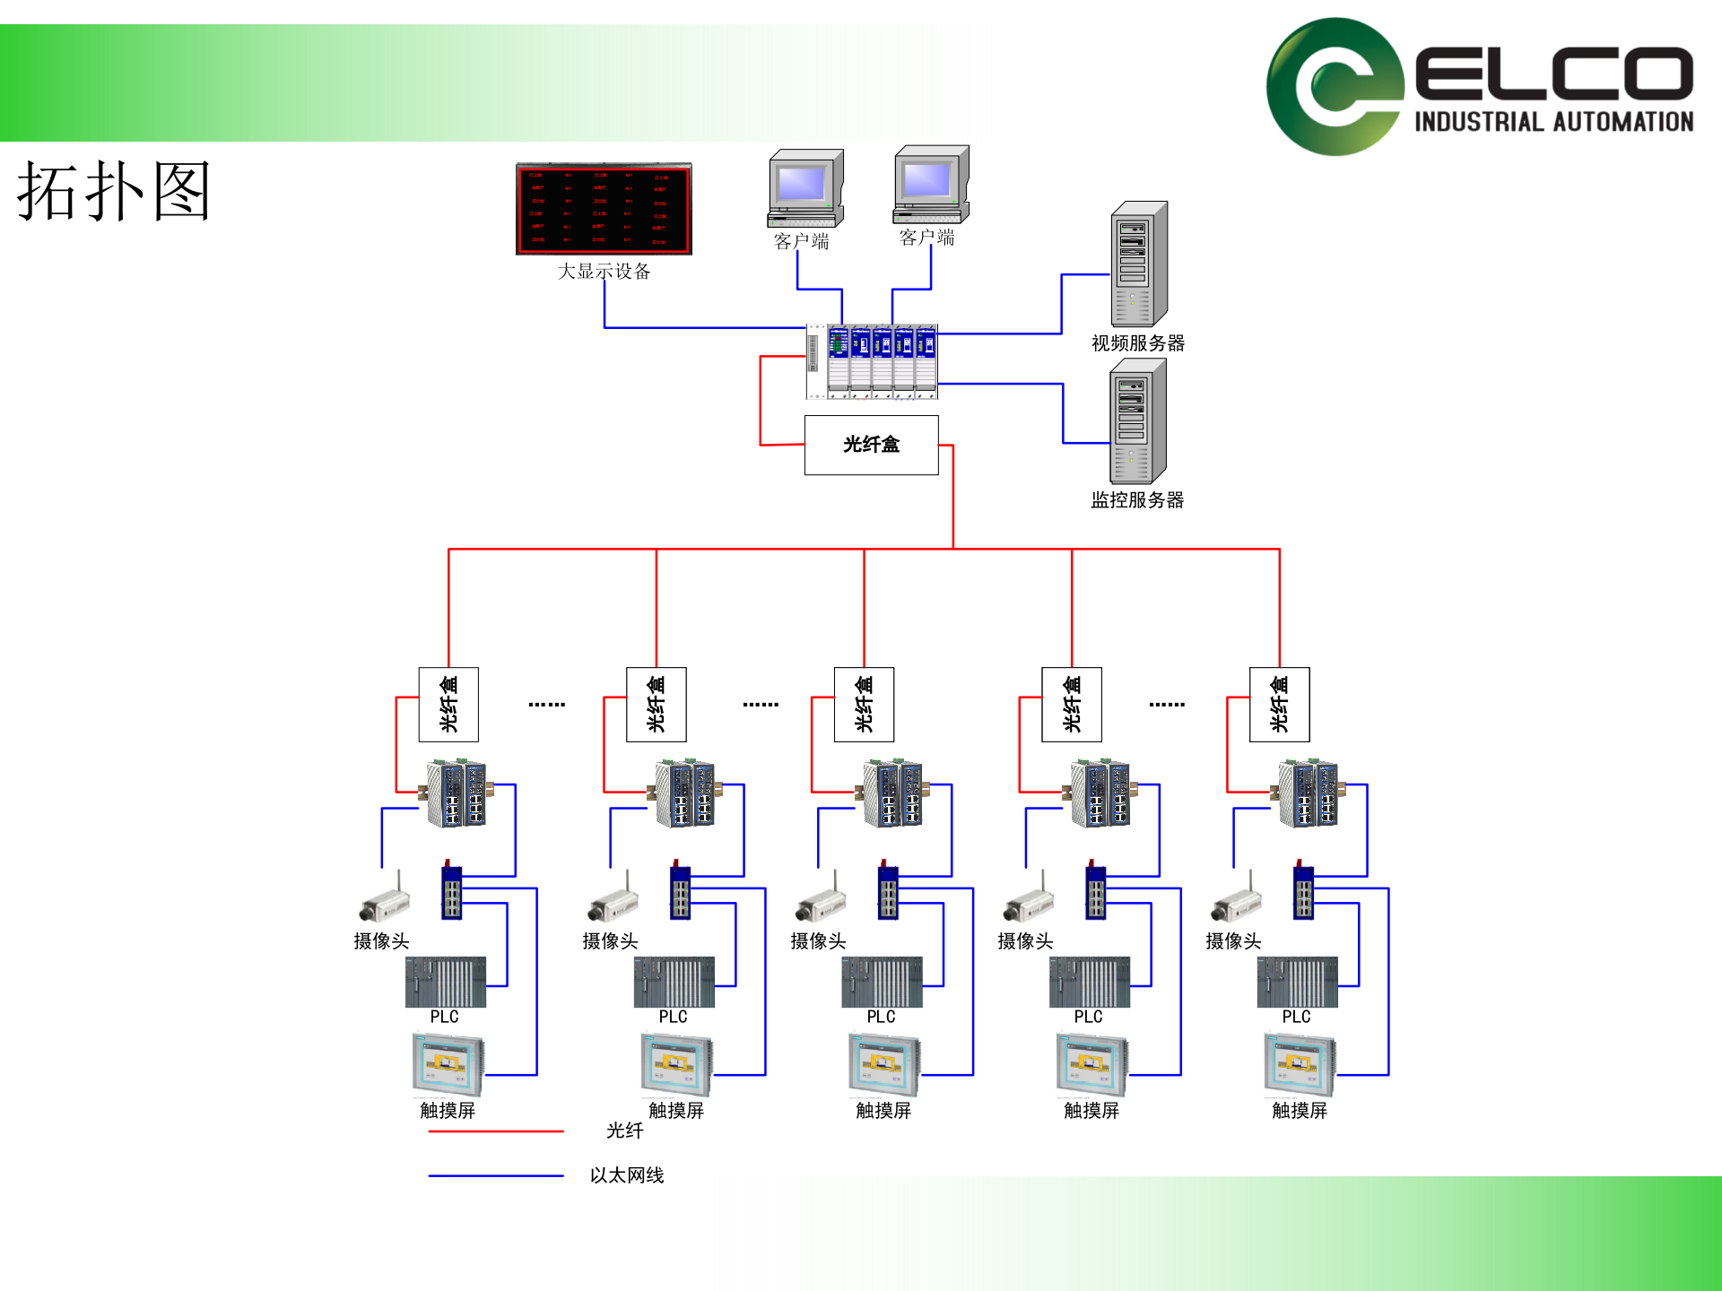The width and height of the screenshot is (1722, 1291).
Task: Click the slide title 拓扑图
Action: tap(114, 191)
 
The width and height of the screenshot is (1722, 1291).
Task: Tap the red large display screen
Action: tap(604, 209)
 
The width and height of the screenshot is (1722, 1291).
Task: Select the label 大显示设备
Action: tap(604, 271)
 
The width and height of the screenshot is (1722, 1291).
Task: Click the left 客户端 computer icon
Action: tap(805, 188)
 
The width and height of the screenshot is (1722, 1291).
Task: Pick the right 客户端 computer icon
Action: tap(931, 184)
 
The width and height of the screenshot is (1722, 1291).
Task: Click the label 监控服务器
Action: tap(1137, 500)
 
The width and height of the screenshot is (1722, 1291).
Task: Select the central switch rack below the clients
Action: tap(873, 361)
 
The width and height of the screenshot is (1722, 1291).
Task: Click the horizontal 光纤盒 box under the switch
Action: tap(871, 445)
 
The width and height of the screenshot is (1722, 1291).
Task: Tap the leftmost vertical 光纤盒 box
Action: tap(448, 704)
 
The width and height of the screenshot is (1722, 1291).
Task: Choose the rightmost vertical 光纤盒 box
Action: tap(1279, 704)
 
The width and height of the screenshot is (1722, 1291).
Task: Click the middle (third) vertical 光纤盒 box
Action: tap(864, 704)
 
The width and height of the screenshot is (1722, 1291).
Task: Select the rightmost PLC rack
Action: tap(1297, 982)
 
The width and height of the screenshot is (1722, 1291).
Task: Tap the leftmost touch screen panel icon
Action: tap(448, 1064)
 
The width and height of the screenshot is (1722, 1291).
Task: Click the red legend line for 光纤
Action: tap(495, 1131)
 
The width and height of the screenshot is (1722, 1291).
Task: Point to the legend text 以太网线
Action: tap(627, 1175)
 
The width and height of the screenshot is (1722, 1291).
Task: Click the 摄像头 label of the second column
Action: tap(610, 941)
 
